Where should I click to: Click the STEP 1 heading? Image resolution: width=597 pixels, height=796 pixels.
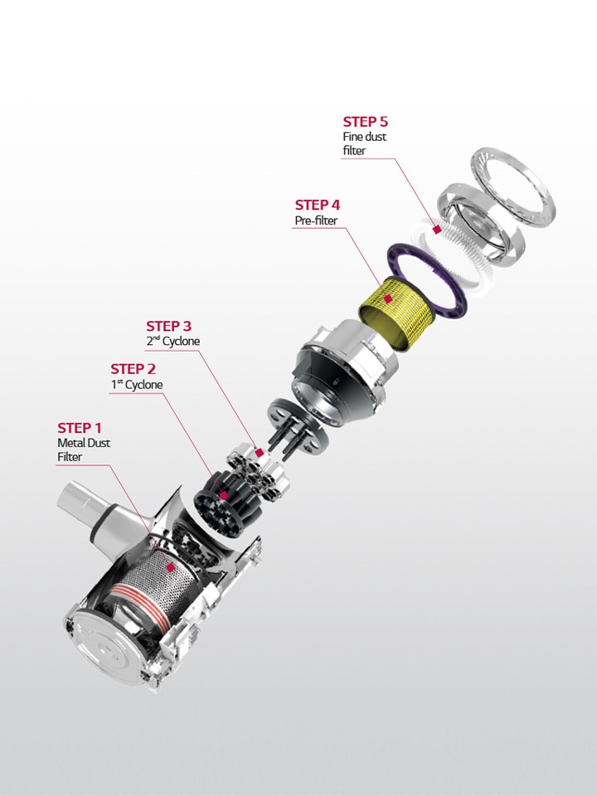[x=80, y=428]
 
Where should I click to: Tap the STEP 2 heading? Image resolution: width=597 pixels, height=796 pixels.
[x=133, y=369]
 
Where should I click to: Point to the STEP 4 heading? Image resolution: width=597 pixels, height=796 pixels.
[x=318, y=205]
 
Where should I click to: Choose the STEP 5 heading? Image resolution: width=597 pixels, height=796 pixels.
[x=366, y=122]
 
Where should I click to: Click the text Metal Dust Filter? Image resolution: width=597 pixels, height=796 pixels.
[x=84, y=450]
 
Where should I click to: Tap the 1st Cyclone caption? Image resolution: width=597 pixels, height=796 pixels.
[x=137, y=385]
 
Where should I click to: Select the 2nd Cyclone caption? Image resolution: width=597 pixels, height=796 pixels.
[x=172, y=342]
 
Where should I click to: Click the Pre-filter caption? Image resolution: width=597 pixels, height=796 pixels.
[x=317, y=221]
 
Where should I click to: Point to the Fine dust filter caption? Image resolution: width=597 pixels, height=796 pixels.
[x=365, y=143]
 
